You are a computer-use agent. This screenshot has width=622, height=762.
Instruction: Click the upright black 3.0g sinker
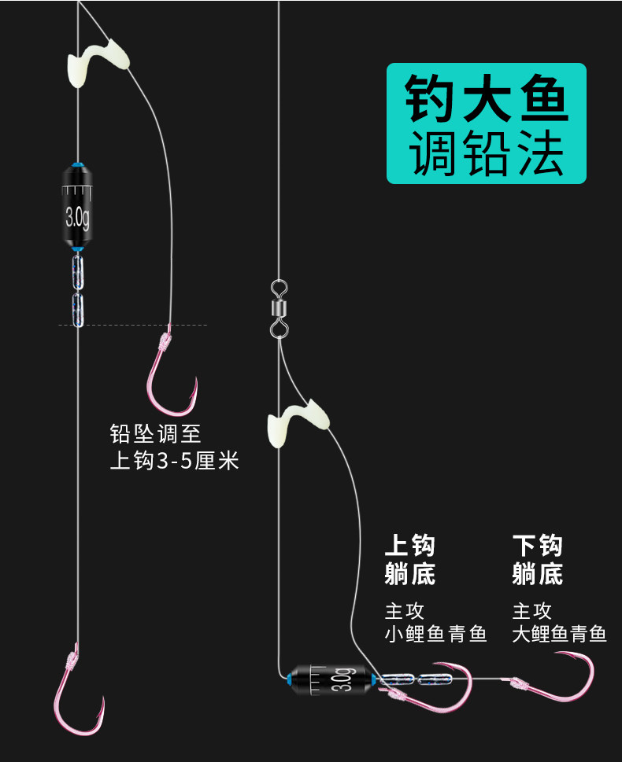coord(77,206)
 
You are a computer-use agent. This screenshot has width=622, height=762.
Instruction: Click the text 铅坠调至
coord(156,433)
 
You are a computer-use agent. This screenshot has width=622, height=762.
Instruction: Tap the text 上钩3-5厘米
coord(174,461)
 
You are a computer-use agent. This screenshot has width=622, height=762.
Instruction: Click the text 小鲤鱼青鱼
coord(435,634)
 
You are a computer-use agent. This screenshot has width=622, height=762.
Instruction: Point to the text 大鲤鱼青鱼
coord(559,634)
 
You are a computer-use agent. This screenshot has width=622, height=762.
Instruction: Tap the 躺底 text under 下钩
coord(537,575)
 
